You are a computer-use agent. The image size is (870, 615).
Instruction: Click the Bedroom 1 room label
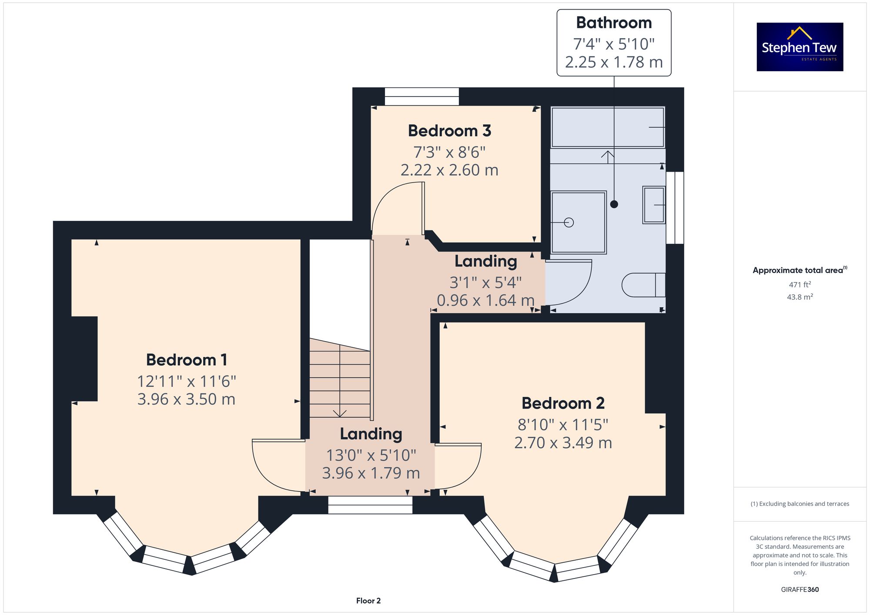pos(187,360)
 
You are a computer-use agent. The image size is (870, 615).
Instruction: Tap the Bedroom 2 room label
pos(563,403)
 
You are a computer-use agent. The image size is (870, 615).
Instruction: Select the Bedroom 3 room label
pos(449,131)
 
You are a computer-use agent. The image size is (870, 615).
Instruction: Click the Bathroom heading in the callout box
pos(614,23)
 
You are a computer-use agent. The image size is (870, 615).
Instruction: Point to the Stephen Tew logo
pos(800,47)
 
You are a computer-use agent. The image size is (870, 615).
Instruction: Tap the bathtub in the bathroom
pos(608,127)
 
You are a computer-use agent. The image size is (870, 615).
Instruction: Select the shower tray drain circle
pos(569,223)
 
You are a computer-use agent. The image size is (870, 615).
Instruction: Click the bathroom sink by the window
pos(654,205)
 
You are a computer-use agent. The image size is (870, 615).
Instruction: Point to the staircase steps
pos(340,378)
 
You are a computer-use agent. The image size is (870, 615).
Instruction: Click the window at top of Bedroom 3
pos(422,96)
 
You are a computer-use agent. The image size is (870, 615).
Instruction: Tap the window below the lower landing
pos(370,505)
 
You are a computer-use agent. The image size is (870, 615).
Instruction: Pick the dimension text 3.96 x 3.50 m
pos(186,399)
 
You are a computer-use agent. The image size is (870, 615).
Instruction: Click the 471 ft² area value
pos(800,285)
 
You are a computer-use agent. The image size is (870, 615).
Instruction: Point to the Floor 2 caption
pos(368,601)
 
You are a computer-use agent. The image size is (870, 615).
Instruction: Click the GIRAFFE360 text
pos(800,589)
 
